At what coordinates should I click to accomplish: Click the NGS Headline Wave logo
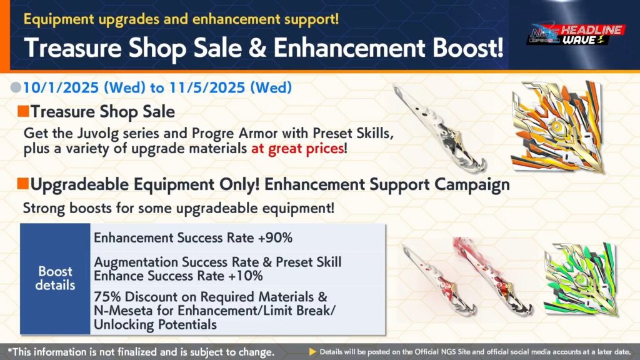[576, 35]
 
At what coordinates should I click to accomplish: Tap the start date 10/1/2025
[61, 87]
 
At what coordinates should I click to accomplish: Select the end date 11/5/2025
[207, 87]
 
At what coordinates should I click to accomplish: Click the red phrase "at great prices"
[297, 148]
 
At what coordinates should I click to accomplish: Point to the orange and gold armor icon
[557, 126]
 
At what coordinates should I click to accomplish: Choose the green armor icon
[581, 279]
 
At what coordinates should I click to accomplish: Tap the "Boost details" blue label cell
[55, 279]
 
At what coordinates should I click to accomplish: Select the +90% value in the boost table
[275, 237]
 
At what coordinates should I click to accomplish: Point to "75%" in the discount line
[107, 297]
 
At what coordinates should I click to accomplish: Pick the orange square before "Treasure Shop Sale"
[23, 111]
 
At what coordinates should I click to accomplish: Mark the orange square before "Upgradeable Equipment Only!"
[23, 184]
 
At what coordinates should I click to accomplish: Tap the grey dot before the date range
[16, 87]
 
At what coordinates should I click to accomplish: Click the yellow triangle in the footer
[312, 351]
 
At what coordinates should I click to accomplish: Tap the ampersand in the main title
[257, 47]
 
